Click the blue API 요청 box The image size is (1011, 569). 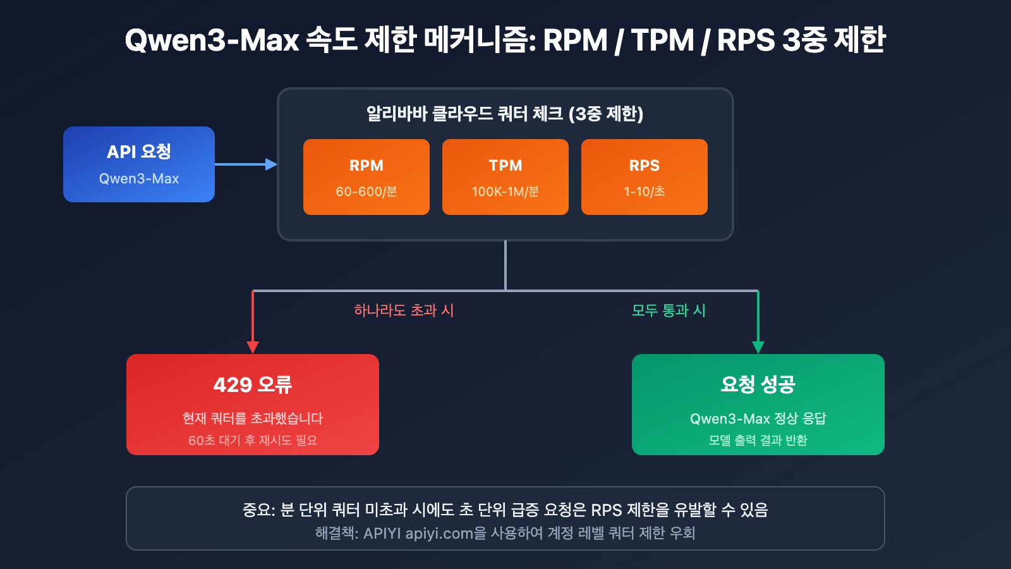click(139, 164)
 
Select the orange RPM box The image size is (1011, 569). click(366, 177)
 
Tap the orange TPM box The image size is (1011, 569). click(505, 177)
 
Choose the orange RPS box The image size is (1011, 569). click(645, 177)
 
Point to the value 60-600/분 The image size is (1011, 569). click(366, 192)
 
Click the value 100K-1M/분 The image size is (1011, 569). click(505, 192)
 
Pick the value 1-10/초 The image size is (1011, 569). click(645, 192)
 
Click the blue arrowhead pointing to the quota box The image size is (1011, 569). click(271, 164)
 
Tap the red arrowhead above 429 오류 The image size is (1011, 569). click(253, 347)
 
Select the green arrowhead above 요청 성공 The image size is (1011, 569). click(758, 347)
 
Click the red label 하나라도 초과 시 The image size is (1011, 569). click(404, 310)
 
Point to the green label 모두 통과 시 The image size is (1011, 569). click(669, 310)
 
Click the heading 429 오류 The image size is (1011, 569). click(253, 384)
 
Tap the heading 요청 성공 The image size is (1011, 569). click(758, 384)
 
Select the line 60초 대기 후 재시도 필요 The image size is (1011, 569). click(253, 440)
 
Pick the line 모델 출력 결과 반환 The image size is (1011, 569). click(758, 440)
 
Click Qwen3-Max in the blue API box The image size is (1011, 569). click(139, 179)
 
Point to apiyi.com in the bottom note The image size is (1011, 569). click(439, 534)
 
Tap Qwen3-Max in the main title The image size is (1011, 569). click(212, 40)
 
